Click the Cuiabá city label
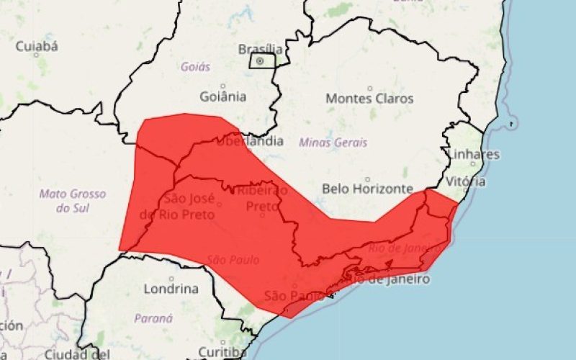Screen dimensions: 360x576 pos(36,46)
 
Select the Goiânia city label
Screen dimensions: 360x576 pos(223,96)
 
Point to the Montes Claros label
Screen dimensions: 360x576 pos(370,98)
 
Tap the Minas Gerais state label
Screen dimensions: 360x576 pos(333,143)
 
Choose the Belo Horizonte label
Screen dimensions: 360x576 pos(367,189)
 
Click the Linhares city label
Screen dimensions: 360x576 pos(473,155)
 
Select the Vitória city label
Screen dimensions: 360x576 pos(466,181)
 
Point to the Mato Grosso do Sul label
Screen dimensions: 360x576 pos(72,201)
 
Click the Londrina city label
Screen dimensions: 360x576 pos(171,289)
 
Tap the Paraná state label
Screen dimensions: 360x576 pos(153,318)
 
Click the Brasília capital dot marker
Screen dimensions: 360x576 pos(260,61)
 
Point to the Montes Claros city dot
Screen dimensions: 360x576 pos(370,88)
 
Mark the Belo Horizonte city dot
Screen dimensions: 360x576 pos(367,179)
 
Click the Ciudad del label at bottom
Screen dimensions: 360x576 pos(76,354)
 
